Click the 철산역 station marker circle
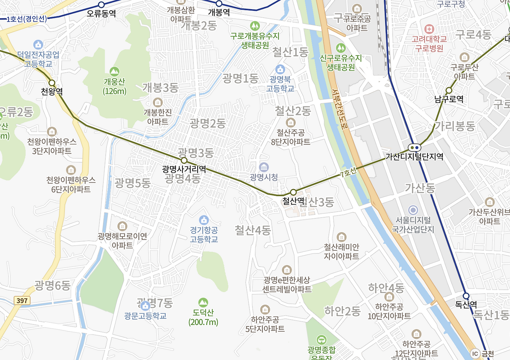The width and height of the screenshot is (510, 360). (x=293, y=192)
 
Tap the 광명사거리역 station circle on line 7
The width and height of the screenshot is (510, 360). (x=184, y=160)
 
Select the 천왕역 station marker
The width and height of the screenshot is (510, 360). (x=52, y=83)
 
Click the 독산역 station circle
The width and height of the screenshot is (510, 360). (x=466, y=296)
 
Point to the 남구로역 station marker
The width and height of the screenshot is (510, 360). (x=449, y=90)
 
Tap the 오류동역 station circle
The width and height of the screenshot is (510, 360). (x=101, y=5)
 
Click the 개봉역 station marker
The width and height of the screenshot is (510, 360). (x=219, y=4)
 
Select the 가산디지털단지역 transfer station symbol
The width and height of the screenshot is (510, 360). (x=414, y=147)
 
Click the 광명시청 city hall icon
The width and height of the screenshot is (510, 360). (x=263, y=167)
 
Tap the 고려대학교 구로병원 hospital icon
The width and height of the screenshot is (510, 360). (x=429, y=29)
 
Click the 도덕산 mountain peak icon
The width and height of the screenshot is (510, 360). (x=203, y=303)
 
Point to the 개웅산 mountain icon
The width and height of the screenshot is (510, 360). (x=114, y=72)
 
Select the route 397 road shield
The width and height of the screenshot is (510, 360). (x=22, y=300)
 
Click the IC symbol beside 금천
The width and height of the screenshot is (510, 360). (x=475, y=353)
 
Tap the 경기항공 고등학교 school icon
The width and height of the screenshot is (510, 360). (x=204, y=219)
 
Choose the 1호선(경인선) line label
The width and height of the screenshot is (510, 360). (x=26, y=19)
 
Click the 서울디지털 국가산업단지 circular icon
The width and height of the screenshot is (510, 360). (x=413, y=210)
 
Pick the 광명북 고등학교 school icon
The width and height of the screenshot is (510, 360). (x=280, y=69)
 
